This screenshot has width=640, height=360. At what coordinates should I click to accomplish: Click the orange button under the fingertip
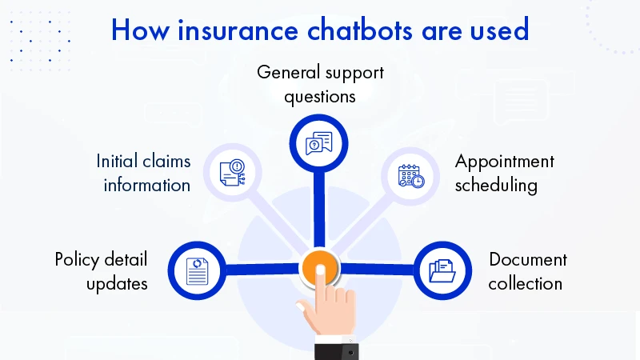319,265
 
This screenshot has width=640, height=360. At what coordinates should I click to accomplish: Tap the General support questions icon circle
319,145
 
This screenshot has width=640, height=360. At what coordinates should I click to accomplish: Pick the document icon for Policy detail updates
197,270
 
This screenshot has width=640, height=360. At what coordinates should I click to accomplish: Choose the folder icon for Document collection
442,270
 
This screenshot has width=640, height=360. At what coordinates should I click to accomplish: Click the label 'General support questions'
320,84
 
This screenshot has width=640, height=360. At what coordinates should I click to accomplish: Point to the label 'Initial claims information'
143,173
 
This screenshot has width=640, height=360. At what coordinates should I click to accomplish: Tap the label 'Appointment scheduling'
504,173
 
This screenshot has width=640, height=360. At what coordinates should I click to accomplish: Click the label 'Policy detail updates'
102,270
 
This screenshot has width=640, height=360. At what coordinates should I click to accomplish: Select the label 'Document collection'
527,270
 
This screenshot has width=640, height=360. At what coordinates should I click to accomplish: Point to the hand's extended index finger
321,284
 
